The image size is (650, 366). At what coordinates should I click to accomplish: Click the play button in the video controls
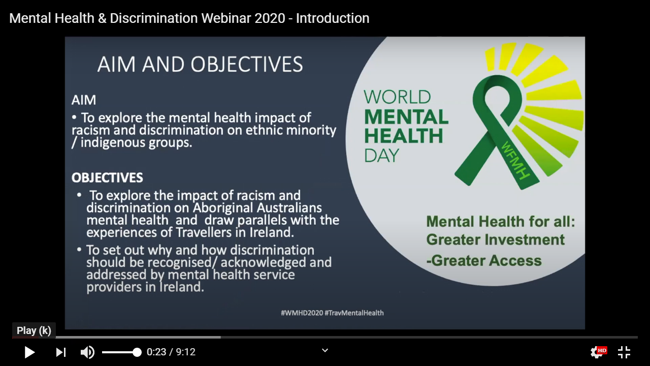[29, 352]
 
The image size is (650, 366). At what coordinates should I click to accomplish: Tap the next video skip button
[61, 352]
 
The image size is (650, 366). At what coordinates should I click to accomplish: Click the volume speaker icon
[87, 352]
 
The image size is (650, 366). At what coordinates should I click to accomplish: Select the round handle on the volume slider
[137, 352]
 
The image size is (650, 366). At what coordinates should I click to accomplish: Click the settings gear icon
[596, 353]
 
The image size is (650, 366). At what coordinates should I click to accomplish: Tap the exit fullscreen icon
[624, 352]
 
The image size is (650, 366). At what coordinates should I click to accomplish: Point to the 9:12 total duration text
[186, 352]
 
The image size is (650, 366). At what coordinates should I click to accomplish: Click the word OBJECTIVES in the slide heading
[247, 64]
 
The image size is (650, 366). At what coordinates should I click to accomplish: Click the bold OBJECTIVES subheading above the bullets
[107, 178]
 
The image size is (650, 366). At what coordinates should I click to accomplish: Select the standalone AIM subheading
[84, 100]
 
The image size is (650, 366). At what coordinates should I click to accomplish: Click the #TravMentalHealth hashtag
[354, 313]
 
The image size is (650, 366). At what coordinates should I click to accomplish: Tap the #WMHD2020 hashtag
[302, 313]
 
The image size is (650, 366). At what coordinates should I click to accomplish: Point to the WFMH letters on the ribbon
[515, 160]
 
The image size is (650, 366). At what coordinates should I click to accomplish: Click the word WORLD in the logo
[397, 97]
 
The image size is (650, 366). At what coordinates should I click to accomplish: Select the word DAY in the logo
[381, 156]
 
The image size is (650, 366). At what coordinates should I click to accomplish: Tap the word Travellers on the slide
[207, 232]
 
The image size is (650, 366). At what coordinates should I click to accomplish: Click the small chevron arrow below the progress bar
[325, 350]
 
